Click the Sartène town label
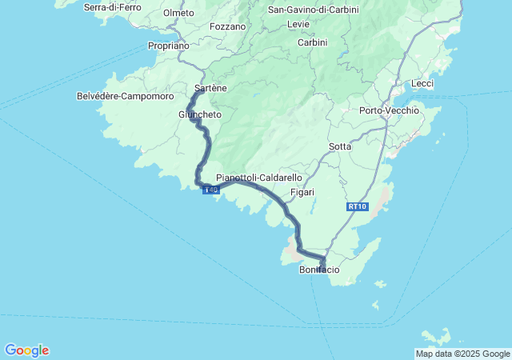pyautogui.click(x=211, y=89)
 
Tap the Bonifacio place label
pyautogui.click(x=319, y=270)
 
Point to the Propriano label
pyautogui.click(x=169, y=46)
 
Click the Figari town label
pyautogui.click(x=302, y=192)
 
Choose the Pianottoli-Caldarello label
pyautogui.click(x=259, y=178)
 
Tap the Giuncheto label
pyautogui.click(x=200, y=115)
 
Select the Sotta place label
pyautogui.click(x=340, y=146)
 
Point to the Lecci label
pyautogui.click(x=422, y=83)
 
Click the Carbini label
pyautogui.click(x=313, y=42)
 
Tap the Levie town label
pyautogui.click(x=298, y=25)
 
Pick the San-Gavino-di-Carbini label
pyautogui.click(x=313, y=10)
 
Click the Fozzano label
pyautogui.click(x=227, y=26)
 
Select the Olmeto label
pyautogui.click(x=178, y=13)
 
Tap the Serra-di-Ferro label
pyautogui.click(x=113, y=7)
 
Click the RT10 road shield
pyautogui.click(x=357, y=206)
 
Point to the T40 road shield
pyautogui.click(x=210, y=190)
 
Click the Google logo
pyautogui.click(x=26, y=350)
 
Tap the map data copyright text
pyautogui.click(x=462, y=354)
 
